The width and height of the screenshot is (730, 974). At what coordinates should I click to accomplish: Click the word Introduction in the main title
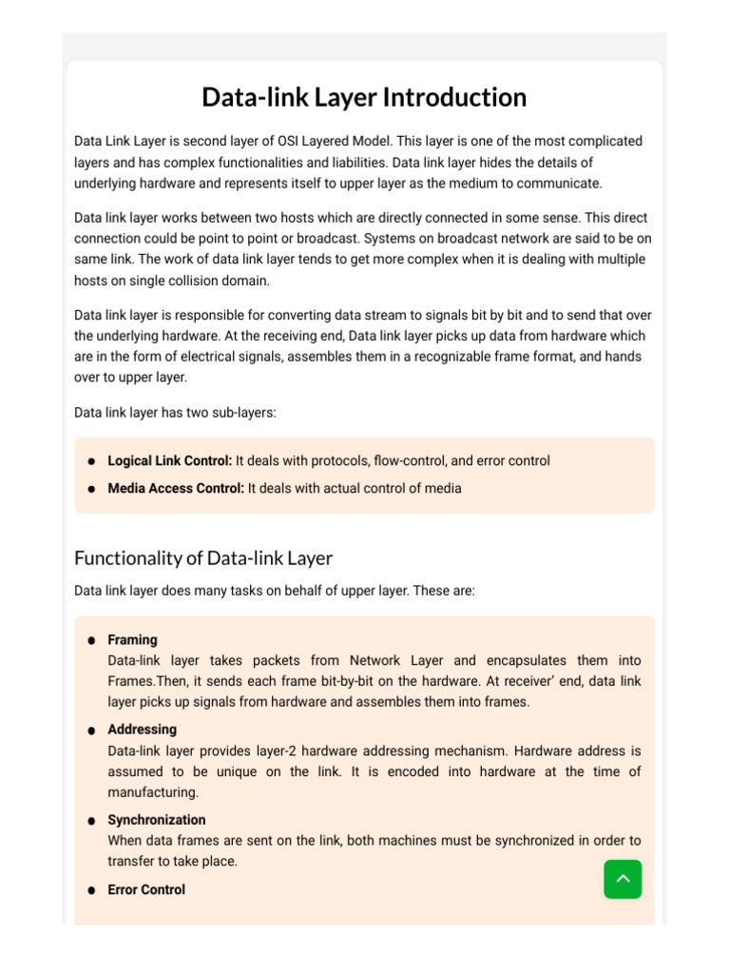click(453, 97)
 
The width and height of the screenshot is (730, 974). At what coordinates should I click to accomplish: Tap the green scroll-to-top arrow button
click(623, 879)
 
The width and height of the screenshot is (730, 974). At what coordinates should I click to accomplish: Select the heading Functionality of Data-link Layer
click(203, 557)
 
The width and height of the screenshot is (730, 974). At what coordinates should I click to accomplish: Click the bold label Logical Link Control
click(169, 460)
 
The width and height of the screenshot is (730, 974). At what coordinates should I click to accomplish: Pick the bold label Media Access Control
click(176, 488)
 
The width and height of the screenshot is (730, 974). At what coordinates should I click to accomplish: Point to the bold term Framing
click(132, 639)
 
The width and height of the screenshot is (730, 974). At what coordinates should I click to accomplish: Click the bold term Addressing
click(142, 729)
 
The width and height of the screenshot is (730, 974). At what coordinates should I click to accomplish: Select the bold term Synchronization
click(156, 819)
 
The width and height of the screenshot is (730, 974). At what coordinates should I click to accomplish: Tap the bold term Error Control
click(146, 889)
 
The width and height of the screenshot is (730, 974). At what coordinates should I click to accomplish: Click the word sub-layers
click(241, 412)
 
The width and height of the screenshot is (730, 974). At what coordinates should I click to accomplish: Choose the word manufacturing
click(152, 792)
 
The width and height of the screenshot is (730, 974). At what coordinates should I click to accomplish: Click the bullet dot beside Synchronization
click(91, 821)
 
